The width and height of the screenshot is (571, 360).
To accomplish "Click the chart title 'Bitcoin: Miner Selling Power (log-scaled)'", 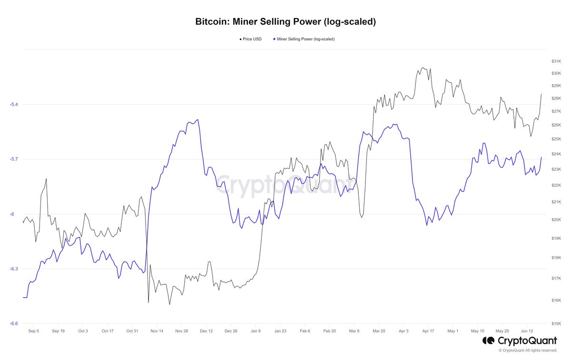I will tap(285, 22).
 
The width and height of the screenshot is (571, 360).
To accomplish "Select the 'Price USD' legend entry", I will tap(251, 39).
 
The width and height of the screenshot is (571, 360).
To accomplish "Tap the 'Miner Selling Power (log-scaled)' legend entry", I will tap(305, 39).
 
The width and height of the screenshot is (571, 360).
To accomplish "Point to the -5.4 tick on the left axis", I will tap(14, 104).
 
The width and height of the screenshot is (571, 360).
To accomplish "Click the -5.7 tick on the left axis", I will tap(14, 159).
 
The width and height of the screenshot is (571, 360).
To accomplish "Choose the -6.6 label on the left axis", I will tap(14, 323).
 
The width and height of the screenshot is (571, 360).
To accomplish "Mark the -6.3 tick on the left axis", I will tap(14, 269).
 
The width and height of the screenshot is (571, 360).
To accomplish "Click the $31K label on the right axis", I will tap(556, 61).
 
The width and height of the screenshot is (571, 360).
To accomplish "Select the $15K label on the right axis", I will tap(556, 323).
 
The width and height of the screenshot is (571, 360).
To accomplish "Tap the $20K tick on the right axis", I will tap(556, 220).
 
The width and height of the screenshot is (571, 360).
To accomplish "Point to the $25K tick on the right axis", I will tap(556, 139).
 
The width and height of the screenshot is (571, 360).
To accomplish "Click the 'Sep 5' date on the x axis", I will tap(34, 330).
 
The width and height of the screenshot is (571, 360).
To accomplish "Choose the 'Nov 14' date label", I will tap(157, 330).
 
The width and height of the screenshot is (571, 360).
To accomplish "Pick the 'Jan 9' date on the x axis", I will tap(256, 330).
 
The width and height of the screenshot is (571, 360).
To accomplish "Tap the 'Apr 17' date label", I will tap(428, 330).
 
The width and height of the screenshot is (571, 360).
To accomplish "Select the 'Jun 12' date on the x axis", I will tap(527, 330).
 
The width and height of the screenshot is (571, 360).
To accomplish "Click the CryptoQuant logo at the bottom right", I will tap(520, 341).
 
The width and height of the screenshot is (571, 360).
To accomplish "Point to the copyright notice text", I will tap(528, 350).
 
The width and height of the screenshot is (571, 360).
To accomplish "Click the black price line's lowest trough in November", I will tap(169, 304).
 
